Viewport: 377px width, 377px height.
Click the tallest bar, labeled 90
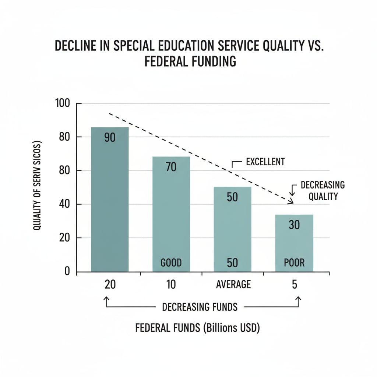tap(110, 199)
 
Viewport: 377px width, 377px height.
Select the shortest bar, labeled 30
tap(294, 243)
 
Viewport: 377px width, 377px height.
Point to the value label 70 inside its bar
tap(171, 167)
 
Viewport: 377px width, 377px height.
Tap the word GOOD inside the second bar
tap(171, 263)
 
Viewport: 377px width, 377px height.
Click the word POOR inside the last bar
tap(294, 263)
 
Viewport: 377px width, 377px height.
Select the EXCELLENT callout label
tap(265, 162)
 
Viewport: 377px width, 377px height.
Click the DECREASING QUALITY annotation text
tap(323, 190)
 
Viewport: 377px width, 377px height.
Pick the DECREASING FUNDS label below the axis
tap(200, 307)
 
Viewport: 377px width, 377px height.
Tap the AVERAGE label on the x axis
tap(233, 285)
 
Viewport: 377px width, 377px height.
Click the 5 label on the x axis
tap(294, 285)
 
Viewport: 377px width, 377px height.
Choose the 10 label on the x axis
tap(171, 285)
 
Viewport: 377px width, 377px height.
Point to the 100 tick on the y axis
tap(62, 103)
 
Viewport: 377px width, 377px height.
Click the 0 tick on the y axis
tap(67, 271)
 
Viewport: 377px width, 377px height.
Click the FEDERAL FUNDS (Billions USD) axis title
tap(197, 328)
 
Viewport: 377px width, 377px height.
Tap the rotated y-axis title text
tap(37, 186)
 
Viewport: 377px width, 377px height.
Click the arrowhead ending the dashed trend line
tap(291, 201)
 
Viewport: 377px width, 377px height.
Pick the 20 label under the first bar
tap(110, 285)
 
